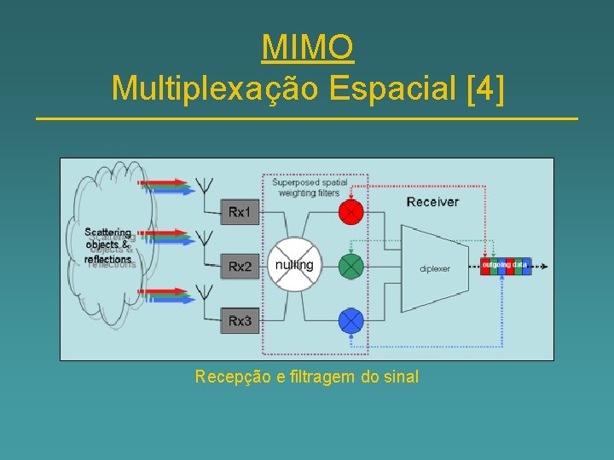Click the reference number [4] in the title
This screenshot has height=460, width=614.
(x=485, y=87)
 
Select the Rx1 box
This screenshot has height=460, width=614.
(x=240, y=211)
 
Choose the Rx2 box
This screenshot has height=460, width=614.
(x=240, y=267)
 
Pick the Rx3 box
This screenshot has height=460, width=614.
(x=240, y=320)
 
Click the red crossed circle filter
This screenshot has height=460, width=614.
(x=351, y=211)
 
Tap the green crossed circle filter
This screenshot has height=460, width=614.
(x=351, y=267)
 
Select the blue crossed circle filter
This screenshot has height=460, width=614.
(x=351, y=320)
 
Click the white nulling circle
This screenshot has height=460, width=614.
(x=294, y=265)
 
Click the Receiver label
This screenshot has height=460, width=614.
(x=432, y=202)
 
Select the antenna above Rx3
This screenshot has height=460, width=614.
(x=205, y=293)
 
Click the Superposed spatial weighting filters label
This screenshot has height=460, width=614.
(x=310, y=187)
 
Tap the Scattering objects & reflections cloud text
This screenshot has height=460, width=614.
(x=108, y=245)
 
